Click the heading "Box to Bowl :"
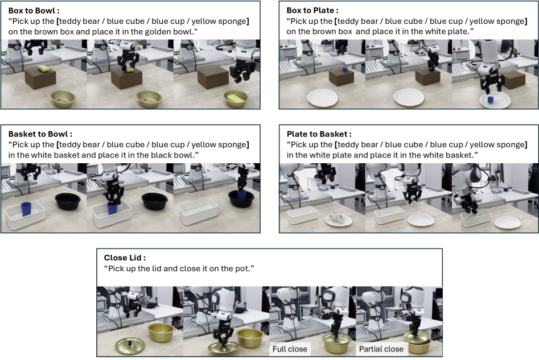(x=34, y=10)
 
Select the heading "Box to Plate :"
(x=312, y=10)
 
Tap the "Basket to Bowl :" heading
(x=40, y=134)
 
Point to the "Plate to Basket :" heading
(x=319, y=134)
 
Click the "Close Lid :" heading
(x=125, y=258)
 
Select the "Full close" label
(x=290, y=349)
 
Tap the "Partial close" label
(x=381, y=349)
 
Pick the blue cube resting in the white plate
(x=490, y=100)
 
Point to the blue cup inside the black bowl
(x=242, y=195)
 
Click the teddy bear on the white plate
(x=336, y=218)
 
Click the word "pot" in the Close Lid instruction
(x=242, y=268)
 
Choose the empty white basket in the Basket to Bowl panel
(x=199, y=210)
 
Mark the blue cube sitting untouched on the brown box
(x=345, y=69)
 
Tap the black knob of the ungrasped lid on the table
(x=130, y=342)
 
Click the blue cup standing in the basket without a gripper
(x=26, y=209)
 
